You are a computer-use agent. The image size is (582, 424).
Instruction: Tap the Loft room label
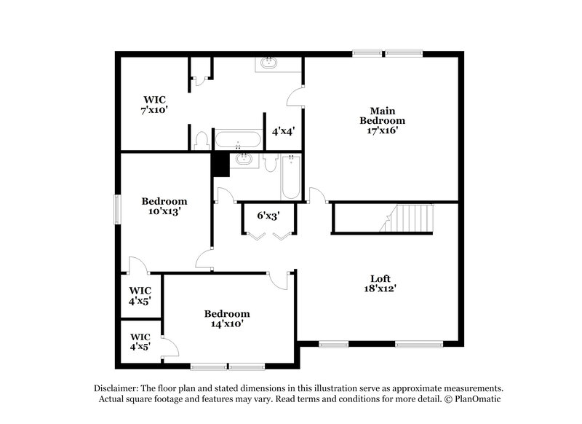pyautogui.click(x=380, y=278)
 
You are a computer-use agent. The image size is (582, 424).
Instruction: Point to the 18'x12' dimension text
pyautogui.click(x=380, y=288)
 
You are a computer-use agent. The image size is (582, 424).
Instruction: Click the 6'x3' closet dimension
pyautogui.click(x=268, y=216)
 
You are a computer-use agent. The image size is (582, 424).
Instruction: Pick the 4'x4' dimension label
pyautogui.click(x=282, y=132)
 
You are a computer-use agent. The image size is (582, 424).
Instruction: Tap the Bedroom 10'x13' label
pyautogui.click(x=164, y=206)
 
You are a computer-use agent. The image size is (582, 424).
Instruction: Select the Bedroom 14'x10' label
pyautogui.click(x=226, y=318)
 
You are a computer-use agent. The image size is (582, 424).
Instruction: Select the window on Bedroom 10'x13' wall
pyautogui.click(x=116, y=208)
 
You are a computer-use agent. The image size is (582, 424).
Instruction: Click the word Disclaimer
pyautogui.click(x=118, y=388)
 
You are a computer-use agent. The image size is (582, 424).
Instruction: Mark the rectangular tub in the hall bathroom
pyautogui.click(x=291, y=178)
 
